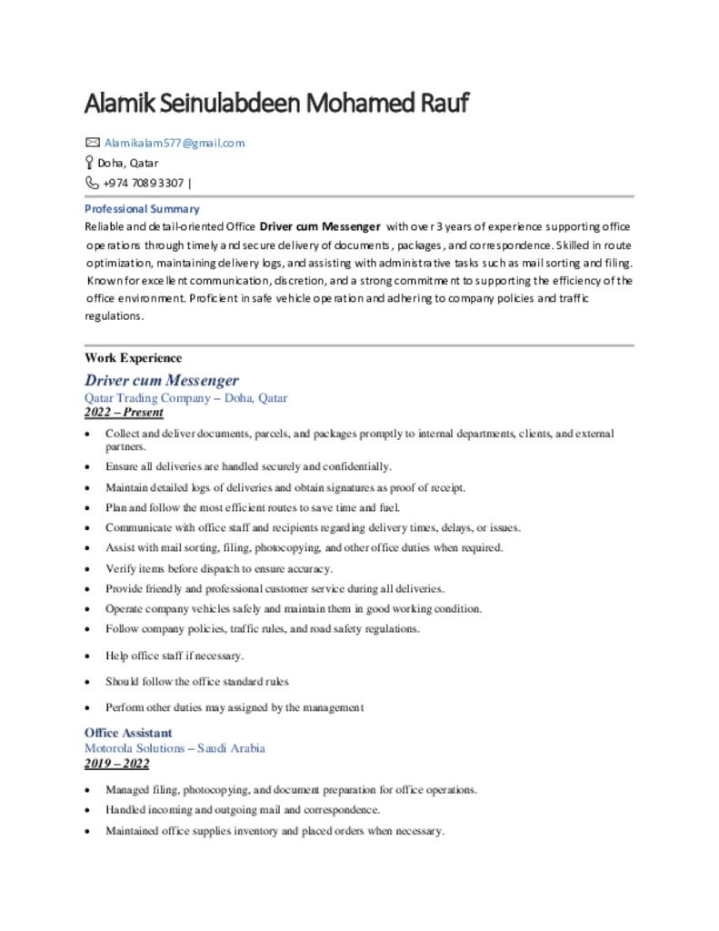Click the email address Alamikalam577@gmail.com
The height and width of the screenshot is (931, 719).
pos(174,143)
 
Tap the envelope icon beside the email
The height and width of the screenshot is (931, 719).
pos(92,143)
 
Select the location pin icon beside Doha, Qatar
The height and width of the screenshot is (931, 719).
pos(89,163)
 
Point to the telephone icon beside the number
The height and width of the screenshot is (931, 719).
pos(92,183)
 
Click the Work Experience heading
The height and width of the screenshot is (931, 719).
pos(133,358)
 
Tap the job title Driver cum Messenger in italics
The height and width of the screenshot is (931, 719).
pos(162,380)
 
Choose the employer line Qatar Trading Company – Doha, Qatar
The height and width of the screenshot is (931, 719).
pos(185,398)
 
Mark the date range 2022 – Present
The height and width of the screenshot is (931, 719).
pos(124,412)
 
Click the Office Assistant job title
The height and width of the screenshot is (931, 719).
pos(128,733)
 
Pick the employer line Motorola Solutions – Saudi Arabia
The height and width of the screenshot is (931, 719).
pos(175,748)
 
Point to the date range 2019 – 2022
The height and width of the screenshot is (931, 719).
pos(116,763)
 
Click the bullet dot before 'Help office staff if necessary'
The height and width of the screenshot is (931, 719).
pos(86,656)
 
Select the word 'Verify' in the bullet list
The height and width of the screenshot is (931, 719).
pos(120,568)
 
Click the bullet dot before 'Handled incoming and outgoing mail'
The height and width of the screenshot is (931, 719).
pos(86,810)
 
